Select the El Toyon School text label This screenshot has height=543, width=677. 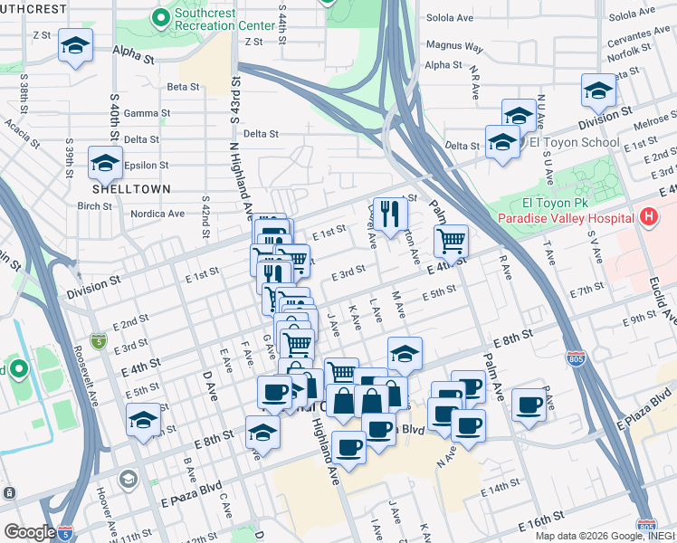pos(574,142)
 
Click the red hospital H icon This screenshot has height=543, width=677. pos(647,217)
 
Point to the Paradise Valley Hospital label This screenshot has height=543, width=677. pos(564,218)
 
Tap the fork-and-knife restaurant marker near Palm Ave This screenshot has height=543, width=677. pos(390,214)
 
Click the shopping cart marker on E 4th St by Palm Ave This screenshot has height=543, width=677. pos(451,242)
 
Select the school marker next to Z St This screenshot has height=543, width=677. pos(76,45)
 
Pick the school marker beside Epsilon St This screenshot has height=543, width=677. pos(106,164)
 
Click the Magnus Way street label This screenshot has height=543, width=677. pos(454,46)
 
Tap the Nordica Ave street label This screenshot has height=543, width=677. pos(157,214)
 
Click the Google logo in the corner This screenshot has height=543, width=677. pos(29,531)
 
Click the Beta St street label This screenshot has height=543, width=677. pos(183,87)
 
